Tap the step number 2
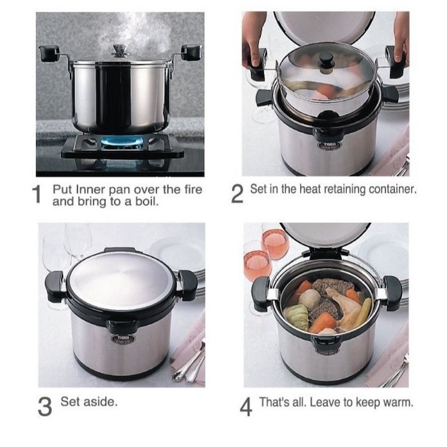237,194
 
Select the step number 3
45,407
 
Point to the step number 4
246,407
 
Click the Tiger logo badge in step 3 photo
123,338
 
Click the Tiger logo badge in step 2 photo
329,145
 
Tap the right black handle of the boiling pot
191,52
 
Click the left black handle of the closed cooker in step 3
54,286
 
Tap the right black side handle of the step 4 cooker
393,293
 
